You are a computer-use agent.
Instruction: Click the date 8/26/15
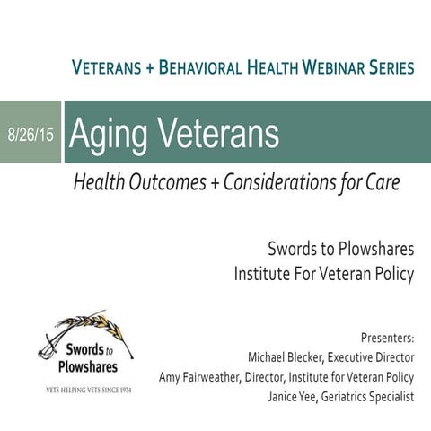(x=30, y=133)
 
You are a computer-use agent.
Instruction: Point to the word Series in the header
(x=385, y=68)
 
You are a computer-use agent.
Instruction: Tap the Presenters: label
(x=386, y=339)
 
